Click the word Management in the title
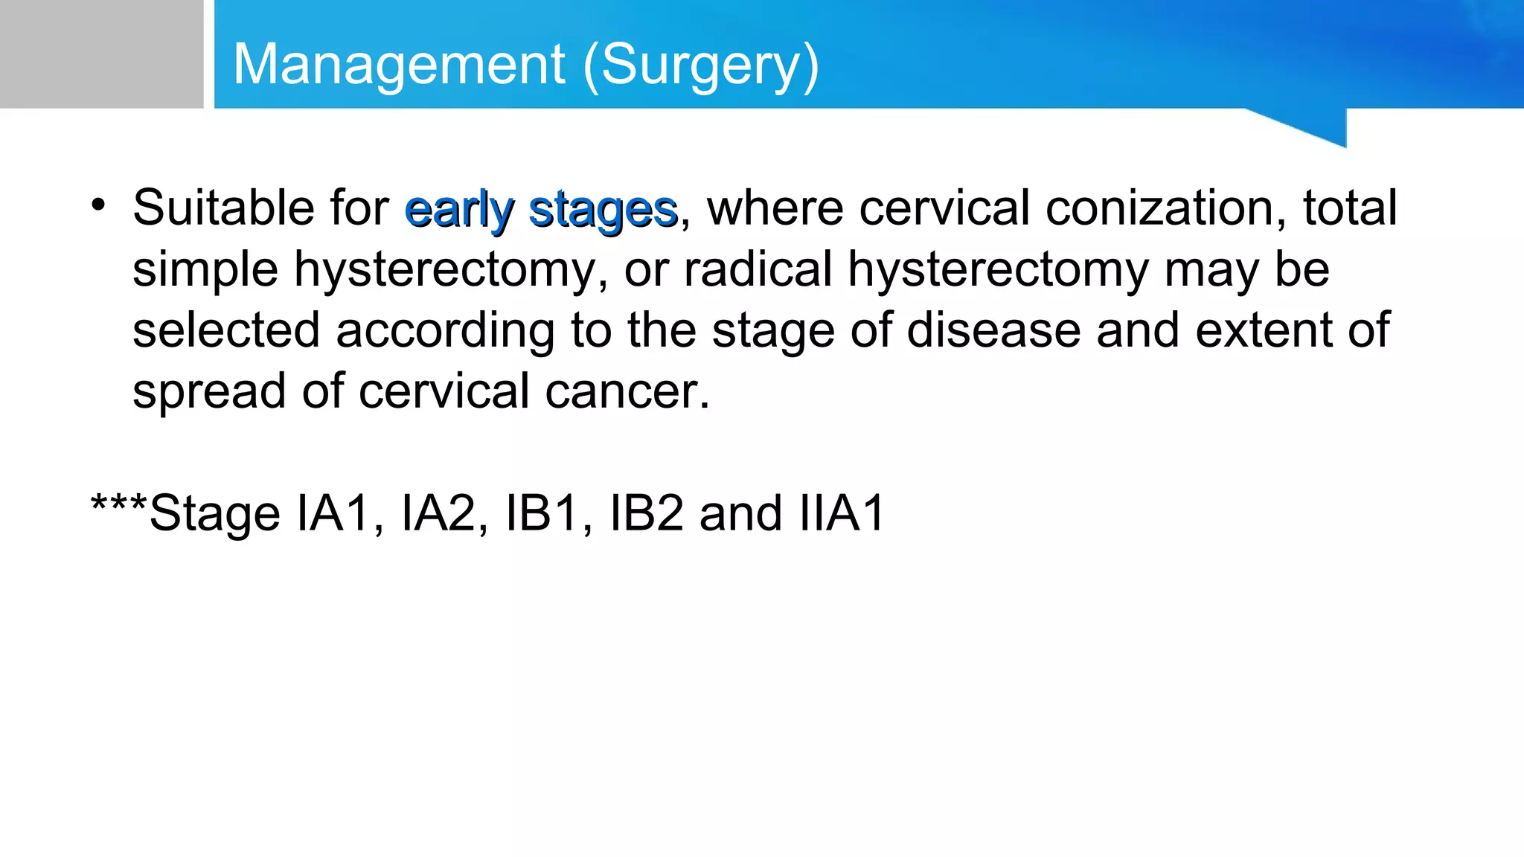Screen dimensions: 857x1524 coord(399,65)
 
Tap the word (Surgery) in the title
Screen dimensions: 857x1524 coord(701,66)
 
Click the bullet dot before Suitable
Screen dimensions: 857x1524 coord(98,204)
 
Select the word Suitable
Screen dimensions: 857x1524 coord(223,208)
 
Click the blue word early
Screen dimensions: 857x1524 coord(459,211)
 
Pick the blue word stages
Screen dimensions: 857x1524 coord(603,211)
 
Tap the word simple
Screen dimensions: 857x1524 coord(205,269)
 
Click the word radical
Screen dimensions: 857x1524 coord(758,269)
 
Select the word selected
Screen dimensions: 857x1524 coord(226,330)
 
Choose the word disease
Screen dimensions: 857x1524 coord(993,330)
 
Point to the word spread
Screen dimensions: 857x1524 coord(209,392)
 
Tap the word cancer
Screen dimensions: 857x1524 coord(627,392)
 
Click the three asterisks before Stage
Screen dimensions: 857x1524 coord(119,506)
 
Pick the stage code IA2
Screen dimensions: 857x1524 coord(438,513)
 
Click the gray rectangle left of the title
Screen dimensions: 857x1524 coord(101,54)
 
